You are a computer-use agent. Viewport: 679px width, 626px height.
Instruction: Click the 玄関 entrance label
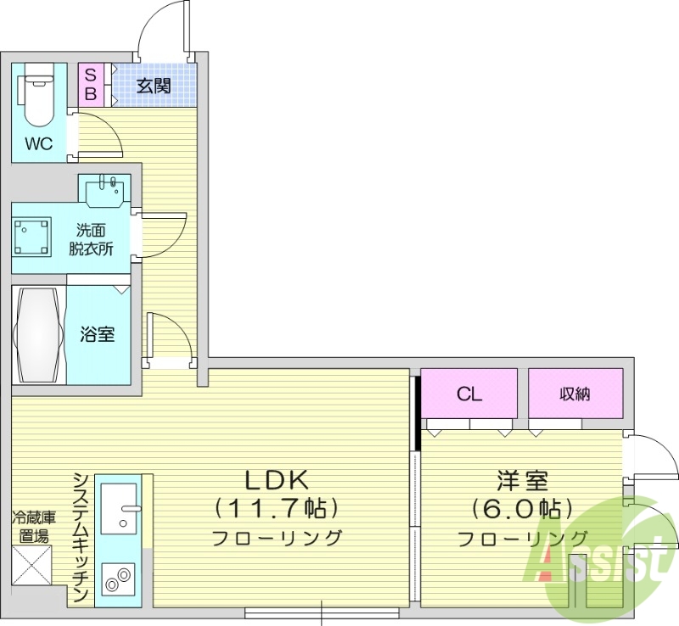click(154, 87)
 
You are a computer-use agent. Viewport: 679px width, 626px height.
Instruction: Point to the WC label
click(38, 144)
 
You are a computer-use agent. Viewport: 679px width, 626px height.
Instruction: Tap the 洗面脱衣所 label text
click(92, 239)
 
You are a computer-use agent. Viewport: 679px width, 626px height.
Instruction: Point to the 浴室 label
click(98, 334)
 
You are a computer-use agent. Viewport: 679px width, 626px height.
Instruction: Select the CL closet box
click(469, 394)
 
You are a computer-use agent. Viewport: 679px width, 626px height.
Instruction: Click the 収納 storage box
click(575, 394)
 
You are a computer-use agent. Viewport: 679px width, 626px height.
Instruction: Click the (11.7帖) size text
click(276, 509)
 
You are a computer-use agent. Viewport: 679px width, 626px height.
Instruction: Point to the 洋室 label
click(522, 481)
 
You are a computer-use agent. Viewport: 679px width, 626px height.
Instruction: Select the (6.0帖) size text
click(522, 509)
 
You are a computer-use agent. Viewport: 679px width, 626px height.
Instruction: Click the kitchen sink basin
click(118, 508)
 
